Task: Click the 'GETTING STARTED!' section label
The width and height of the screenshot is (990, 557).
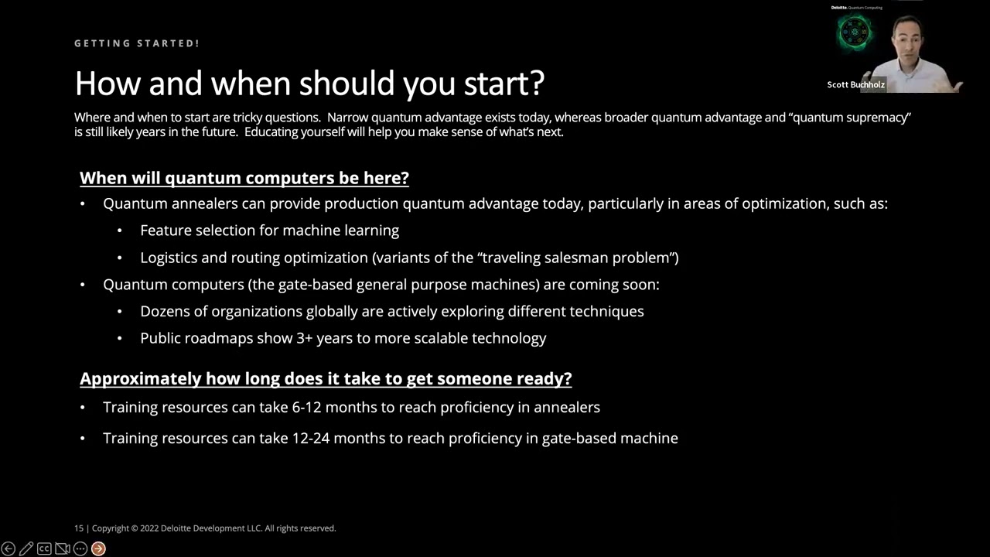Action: coord(137,43)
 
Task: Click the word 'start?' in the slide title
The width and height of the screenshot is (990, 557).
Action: coord(504,83)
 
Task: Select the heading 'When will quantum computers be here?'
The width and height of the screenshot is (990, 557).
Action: coord(244,178)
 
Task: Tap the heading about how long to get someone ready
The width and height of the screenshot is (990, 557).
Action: coord(326,379)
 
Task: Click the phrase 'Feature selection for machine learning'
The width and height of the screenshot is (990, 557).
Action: coord(269,231)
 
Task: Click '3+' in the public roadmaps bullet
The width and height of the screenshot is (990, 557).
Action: coord(304,338)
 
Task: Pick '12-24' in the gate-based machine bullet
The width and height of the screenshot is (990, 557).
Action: coord(311,438)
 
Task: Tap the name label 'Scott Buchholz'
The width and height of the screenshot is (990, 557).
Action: coord(855,84)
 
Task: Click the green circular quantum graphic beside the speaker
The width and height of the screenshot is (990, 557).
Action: coord(855,33)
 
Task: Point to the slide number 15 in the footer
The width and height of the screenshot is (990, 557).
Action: coord(78,528)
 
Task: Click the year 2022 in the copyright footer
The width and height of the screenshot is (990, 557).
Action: coord(149,528)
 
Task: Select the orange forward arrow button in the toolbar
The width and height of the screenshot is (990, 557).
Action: coord(98,548)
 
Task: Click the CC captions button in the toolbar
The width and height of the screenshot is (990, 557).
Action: coord(44,548)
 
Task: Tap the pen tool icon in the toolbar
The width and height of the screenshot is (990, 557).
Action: coord(26,548)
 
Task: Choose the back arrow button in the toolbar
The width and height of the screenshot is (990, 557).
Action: coord(9,548)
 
